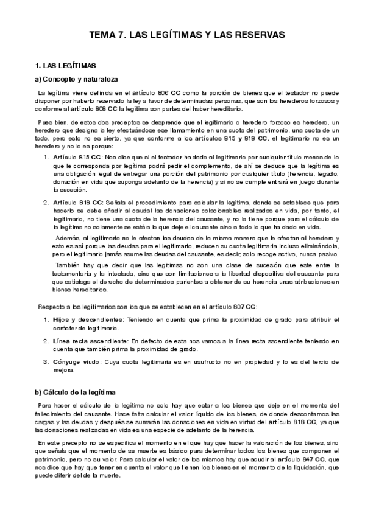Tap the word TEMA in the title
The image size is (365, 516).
pyautogui.click(x=102, y=36)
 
